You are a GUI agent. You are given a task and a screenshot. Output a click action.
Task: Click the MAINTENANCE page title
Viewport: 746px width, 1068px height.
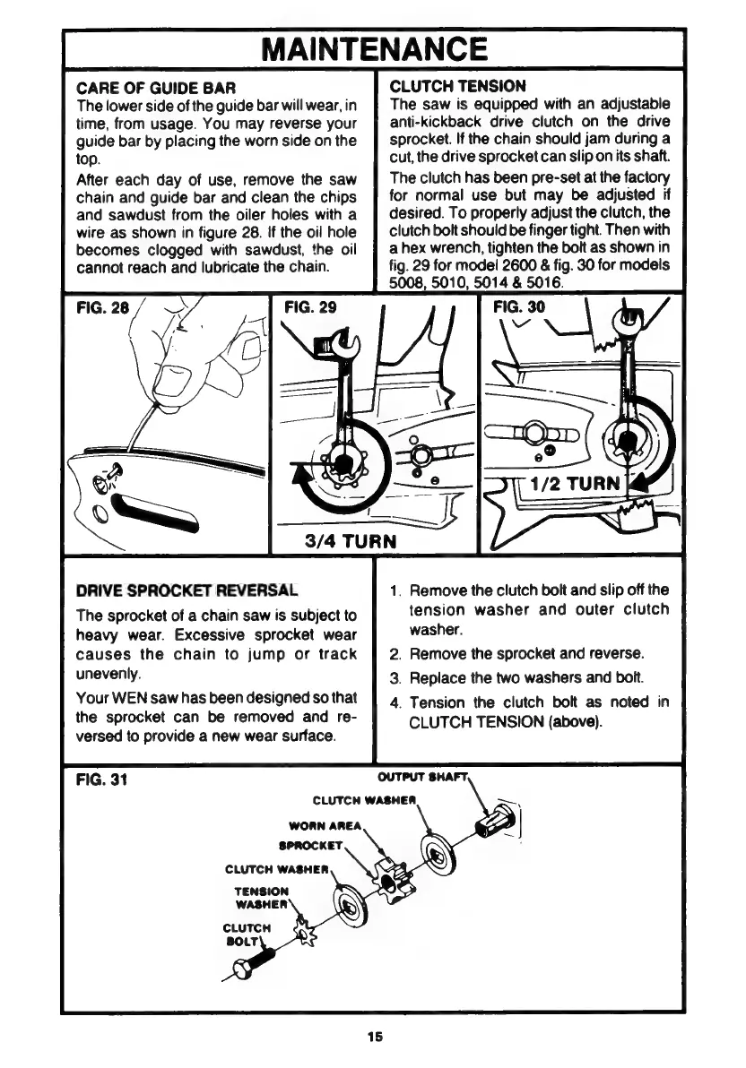tap(374, 47)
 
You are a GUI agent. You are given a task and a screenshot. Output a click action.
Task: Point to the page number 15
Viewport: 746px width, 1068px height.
tap(373, 1037)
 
